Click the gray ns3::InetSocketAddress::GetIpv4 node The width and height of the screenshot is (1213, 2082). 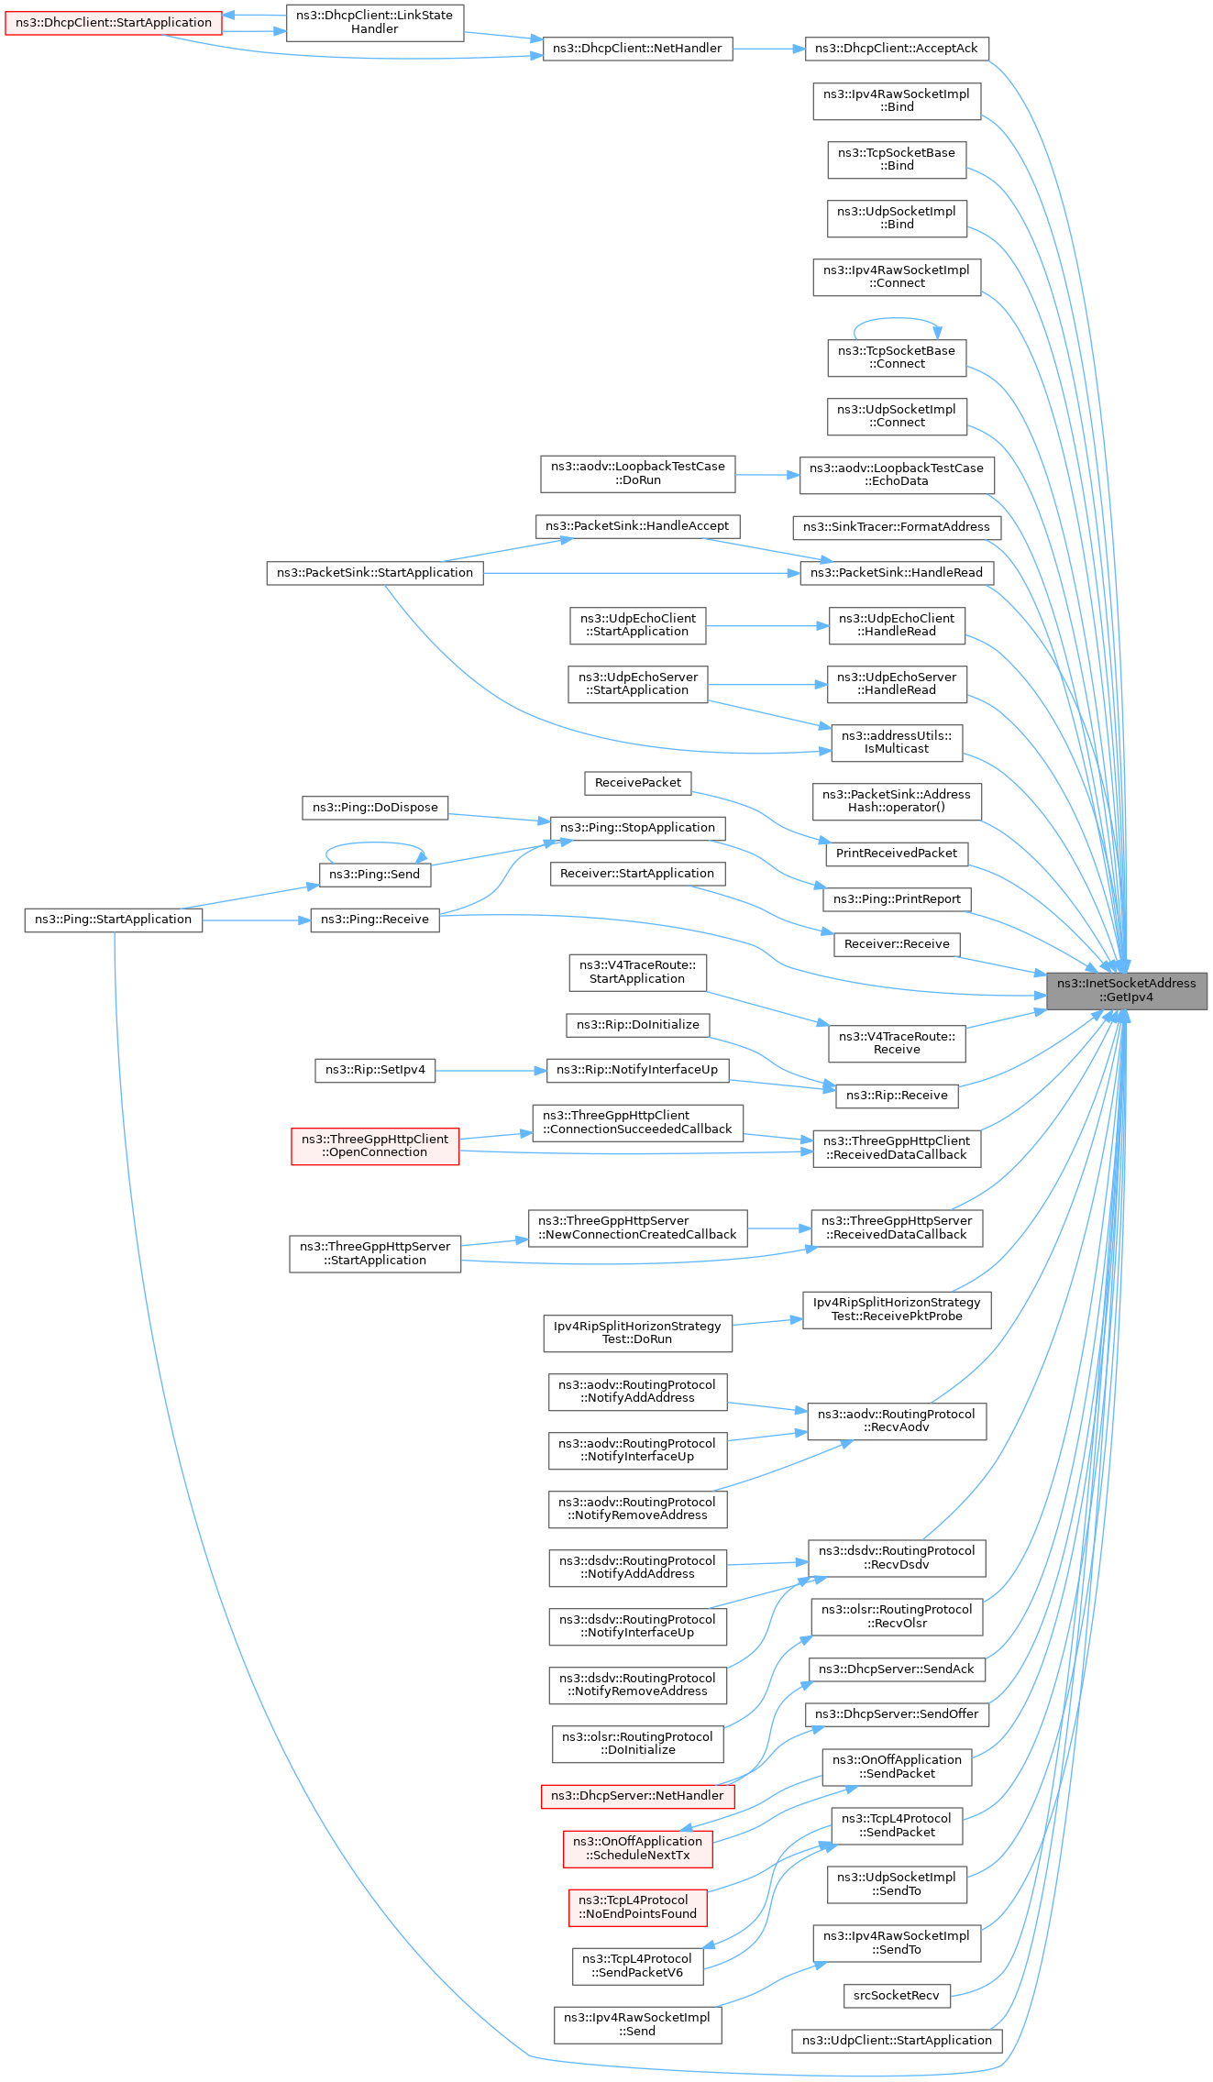[x=1127, y=990]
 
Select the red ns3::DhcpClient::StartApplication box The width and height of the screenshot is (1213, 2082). [x=114, y=23]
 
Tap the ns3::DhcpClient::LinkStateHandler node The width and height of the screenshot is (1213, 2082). [x=374, y=22]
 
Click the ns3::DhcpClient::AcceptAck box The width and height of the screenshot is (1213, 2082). [x=896, y=49]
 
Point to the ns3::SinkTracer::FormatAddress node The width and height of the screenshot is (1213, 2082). [x=896, y=527]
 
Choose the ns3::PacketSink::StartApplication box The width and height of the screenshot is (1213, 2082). [x=374, y=573]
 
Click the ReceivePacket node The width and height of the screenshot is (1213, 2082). [x=637, y=783]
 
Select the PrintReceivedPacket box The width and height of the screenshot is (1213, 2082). [x=896, y=854]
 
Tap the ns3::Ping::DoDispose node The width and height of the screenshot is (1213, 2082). [x=374, y=808]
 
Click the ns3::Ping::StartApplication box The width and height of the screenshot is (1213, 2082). [x=113, y=920]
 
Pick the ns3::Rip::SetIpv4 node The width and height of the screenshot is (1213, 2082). [x=374, y=1070]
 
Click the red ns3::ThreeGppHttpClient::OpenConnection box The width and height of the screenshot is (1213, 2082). [x=374, y=1146]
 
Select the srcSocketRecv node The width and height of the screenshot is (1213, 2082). [x=896, y=1996]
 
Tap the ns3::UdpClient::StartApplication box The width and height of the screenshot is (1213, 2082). [x=896, y=2041]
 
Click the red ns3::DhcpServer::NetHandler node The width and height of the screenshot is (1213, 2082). [x=637, y=1796]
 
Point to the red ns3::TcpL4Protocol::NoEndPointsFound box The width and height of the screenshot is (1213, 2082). [x=637, y=1907]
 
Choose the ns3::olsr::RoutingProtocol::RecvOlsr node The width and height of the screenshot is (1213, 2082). [x=896, y=1616]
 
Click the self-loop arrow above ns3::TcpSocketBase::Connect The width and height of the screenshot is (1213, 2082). [x=896, y=319]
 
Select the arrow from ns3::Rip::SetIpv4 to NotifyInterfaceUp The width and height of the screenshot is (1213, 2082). [x=491, y=1070]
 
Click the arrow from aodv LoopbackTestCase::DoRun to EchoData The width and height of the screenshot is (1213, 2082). [x=766, y=475]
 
